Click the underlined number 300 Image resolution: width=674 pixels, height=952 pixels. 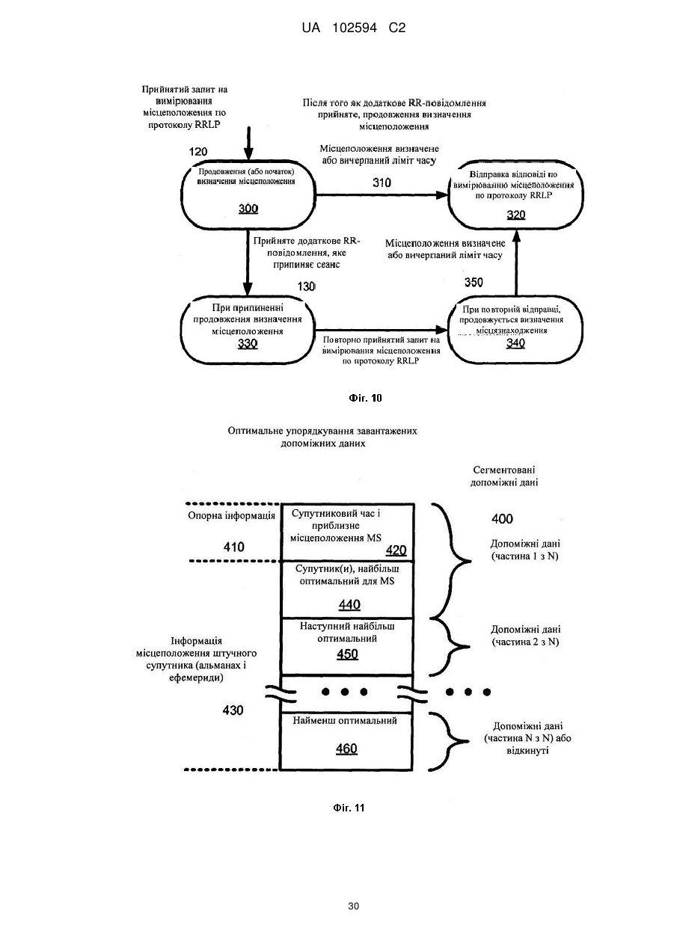(248, 209)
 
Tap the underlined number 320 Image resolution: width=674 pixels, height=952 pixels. (516, 215)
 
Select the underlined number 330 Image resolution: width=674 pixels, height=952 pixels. (248, 343)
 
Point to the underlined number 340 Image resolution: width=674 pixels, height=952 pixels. (515, 343)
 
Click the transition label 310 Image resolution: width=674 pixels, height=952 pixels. (382, 182)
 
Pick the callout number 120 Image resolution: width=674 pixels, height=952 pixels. (198, 152)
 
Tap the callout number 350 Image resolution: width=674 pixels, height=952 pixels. (474, 282)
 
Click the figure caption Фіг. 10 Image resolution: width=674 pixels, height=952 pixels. (365, 399)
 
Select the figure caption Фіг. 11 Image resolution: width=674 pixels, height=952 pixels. (349, 808)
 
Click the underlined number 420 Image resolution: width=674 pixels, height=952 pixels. (396, 550)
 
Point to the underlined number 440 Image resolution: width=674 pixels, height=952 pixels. (349, 604)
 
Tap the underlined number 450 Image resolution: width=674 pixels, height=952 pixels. (347, 654)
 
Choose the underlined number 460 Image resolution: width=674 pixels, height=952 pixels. (346, 749)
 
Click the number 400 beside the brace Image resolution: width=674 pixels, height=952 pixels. (502, 518)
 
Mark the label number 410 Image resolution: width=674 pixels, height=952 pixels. (234, 547)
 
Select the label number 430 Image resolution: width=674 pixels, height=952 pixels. (233, 710)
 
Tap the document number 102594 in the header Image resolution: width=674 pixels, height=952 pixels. (355, 28)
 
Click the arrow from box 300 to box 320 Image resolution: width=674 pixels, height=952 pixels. (382, 195)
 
